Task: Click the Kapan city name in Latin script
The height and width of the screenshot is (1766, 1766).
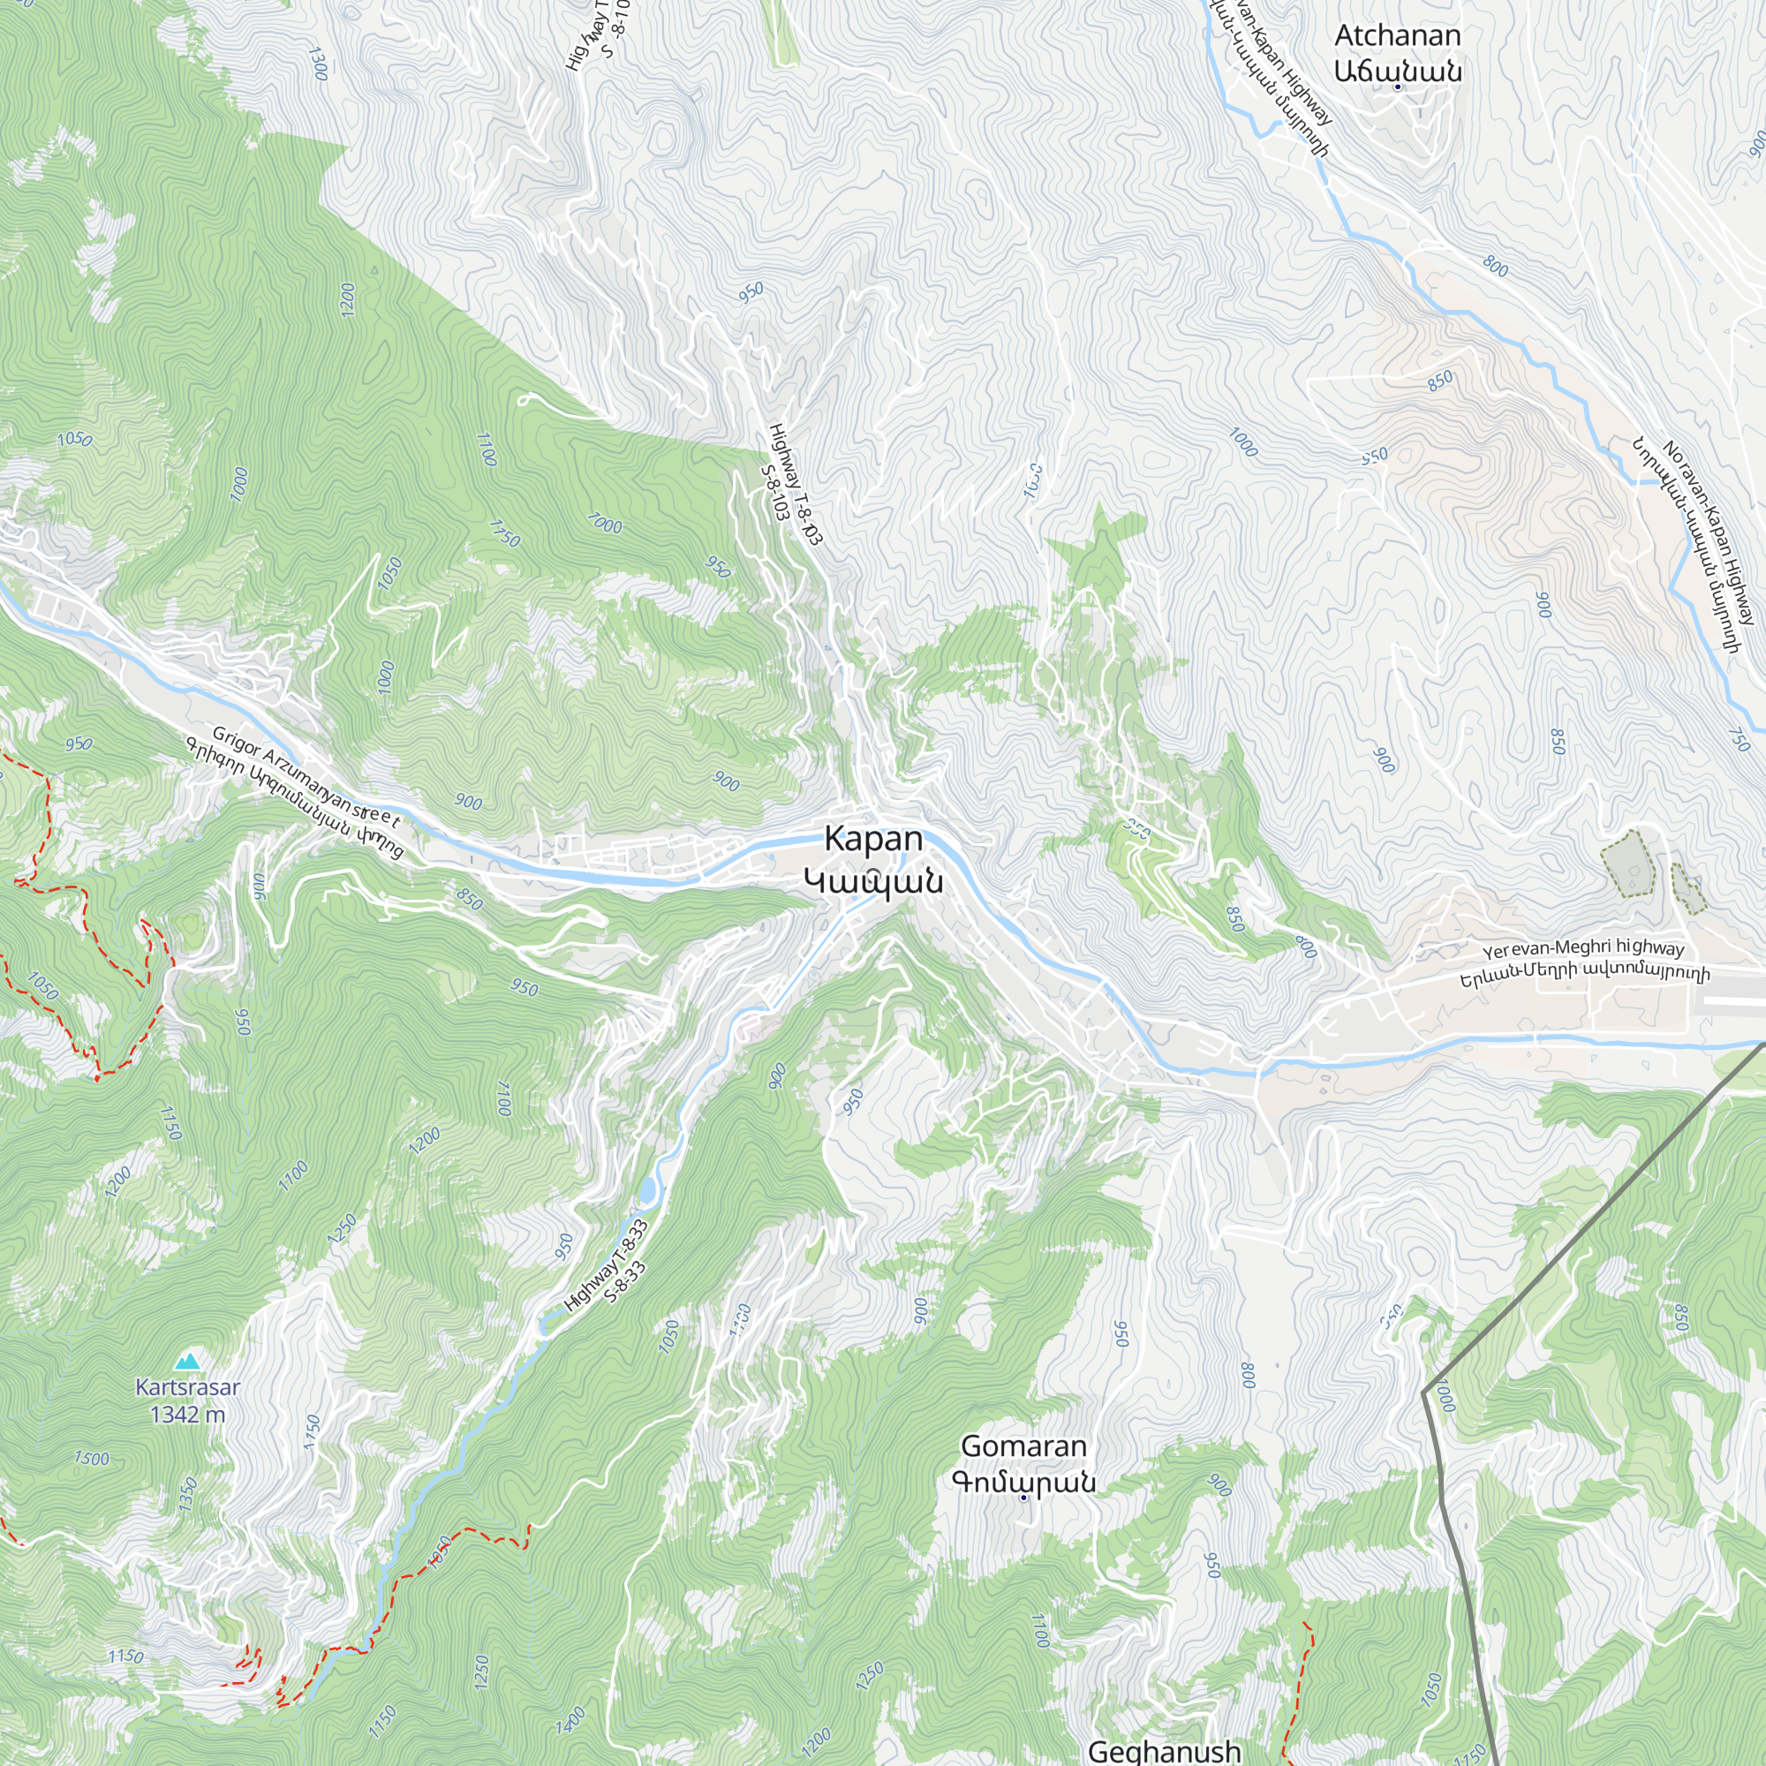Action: tap(873, 838)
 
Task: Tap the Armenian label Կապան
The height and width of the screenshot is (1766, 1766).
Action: tap(873, 881)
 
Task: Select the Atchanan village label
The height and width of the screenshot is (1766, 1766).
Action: tap(1397, 36)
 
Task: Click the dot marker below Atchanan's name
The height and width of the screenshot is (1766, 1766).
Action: tap(1397, 87)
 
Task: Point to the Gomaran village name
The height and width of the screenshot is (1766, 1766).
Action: tap(1023, 1445)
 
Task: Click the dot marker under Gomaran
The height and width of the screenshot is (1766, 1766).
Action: tap(1023, 1498)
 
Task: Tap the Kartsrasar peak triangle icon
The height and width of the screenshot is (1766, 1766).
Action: tap(187, 1361)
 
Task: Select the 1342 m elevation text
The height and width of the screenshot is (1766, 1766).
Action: tap(187, 1414)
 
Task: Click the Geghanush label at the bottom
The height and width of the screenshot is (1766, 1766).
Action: tap(1164, 1750)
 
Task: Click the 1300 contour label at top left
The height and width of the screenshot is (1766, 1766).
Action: tap(317, 64)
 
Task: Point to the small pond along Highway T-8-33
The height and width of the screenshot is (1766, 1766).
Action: tap(647, 1191)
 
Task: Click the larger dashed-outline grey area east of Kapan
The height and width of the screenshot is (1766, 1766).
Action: tap(1627, 862)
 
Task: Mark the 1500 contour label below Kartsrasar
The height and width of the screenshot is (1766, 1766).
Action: tap(92, 1458)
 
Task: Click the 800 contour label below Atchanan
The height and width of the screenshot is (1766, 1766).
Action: tap(1496, 266)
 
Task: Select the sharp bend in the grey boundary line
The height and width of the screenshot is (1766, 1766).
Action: tap(1424, 1393)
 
